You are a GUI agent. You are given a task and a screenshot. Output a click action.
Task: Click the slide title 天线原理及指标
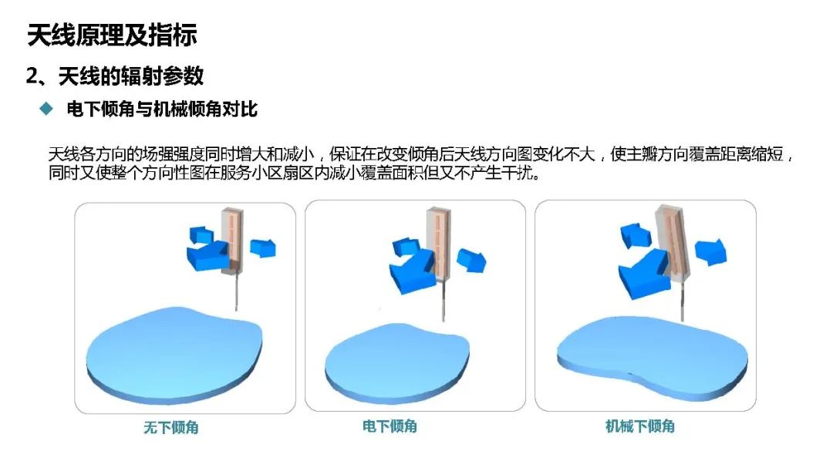(112, 35)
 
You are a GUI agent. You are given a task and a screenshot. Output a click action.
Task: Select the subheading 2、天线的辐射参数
(115, 76)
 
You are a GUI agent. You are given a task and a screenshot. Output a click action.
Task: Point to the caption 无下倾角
(170, 427)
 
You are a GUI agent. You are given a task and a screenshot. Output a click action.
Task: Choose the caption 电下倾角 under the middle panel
(390, 426)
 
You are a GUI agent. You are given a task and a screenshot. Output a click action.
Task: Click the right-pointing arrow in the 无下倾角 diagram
(264, 247)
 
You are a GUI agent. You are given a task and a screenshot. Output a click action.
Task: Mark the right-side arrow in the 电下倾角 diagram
(471, 259)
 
